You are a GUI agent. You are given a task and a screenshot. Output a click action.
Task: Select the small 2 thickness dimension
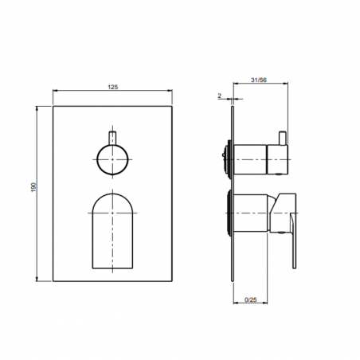[x=219, y=96]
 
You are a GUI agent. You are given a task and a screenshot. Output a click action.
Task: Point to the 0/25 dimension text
[x=251, y=300]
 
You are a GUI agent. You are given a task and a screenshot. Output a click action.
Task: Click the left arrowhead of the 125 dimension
[x=56, y=93]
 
